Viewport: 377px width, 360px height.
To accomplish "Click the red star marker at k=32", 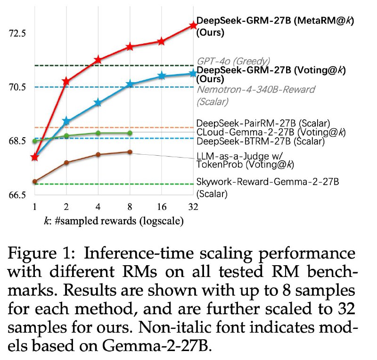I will (193, 25).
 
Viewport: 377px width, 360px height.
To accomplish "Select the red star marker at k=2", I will (66, 82).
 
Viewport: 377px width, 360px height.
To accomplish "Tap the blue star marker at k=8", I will (130, 84).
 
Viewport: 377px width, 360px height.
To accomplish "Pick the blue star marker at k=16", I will (161, 75).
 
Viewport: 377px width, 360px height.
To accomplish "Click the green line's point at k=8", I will (130, 133).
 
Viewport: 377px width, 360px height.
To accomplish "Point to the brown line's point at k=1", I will (34, 181).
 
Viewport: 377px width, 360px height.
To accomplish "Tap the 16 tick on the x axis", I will (161, 207).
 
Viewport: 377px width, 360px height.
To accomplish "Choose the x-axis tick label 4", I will (98, 207).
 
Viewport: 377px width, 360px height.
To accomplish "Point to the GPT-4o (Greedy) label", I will (233, 61).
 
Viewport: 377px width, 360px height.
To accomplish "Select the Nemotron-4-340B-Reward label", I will (255, 90).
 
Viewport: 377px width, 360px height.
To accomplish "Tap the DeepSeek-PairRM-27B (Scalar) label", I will (262, 123).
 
